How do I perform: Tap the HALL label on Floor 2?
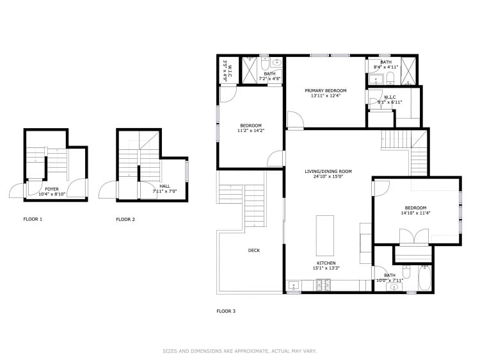click(164, 186)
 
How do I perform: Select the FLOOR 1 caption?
click(33, 219)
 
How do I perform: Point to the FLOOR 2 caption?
click(125, 219)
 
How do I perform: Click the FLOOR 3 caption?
click(226, 311)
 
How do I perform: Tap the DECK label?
click(254, 250)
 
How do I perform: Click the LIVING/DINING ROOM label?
click(328, 171)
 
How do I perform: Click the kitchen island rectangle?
click(325, 234)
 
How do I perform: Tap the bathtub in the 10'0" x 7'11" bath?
click(424, 278)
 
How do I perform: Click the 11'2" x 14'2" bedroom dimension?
click(251, 130)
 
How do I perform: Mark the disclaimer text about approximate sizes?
click(239, 351)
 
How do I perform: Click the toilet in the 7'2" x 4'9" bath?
click(277, 63)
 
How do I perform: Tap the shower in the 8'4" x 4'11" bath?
click(408, 70)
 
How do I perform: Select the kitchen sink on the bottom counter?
click(294, 286)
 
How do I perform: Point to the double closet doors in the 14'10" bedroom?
click(415, 236)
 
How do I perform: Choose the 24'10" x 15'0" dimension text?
click(328, 177)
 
